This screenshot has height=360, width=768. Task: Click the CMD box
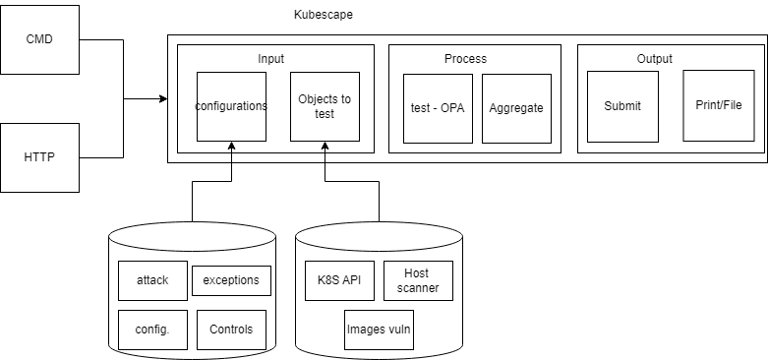tap(39, 40)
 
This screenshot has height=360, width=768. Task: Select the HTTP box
tap(39, 156)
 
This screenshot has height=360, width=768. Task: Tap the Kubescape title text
tap(323, 16)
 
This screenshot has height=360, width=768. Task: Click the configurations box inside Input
tap(231, 106)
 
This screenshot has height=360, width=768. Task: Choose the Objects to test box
tap(325, 106)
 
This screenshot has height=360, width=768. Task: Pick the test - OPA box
tap(438, 108)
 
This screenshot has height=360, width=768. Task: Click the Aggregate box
tap(516, 108)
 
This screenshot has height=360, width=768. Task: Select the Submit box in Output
tap(622, 106)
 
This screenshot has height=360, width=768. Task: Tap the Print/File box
tap(719, 105)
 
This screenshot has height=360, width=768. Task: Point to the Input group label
tap(270, 59)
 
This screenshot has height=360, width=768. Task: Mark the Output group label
tap(655, 59)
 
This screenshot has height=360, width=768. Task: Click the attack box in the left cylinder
tap(151, 279)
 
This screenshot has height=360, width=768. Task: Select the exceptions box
tap(231, 279)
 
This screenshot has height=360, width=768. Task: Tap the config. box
tap(151, 330)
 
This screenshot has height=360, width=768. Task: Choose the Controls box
tap(231, 330)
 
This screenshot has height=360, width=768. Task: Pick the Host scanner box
tap(418, 280)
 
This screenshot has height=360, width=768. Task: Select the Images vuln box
tap(379, 330)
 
